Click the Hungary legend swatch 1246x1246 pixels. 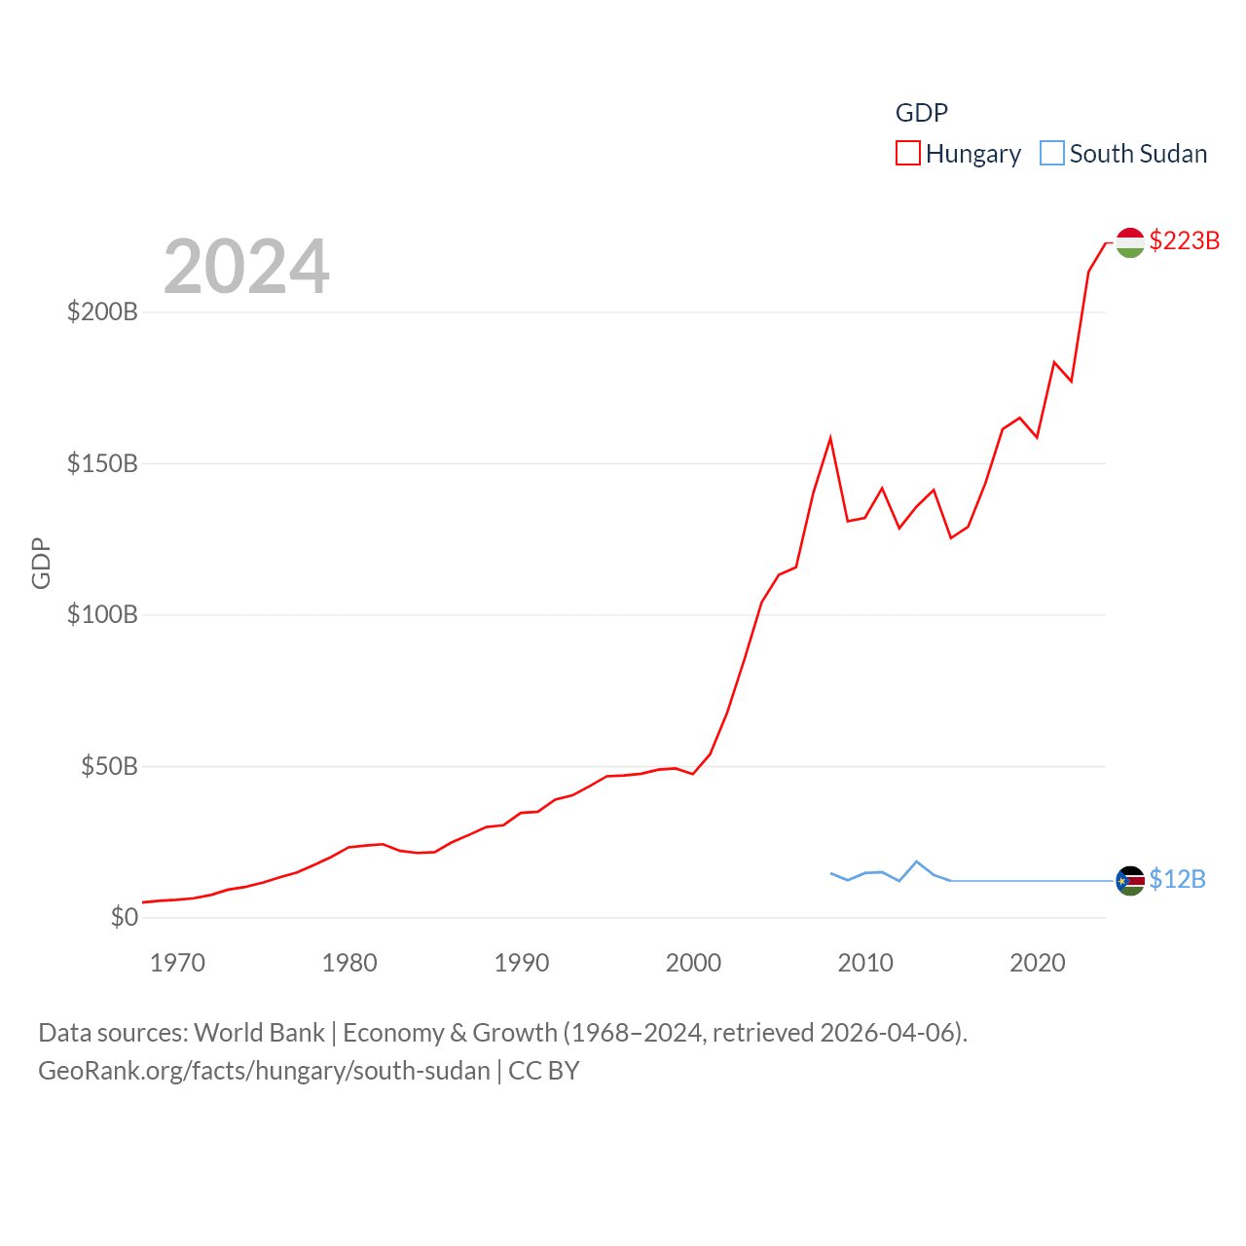[x=907, y=154]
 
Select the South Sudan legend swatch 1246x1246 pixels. [x=1052, y=154]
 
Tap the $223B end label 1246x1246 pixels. [x=1184, y=240]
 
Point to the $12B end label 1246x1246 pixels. [x=1177, y=879]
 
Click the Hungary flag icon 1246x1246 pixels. [x=1130, y=242]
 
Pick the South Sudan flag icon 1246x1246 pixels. [x=1130, y=881]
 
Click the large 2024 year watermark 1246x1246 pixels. [x=246, y=267]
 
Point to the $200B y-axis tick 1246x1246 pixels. [x=102, y=311]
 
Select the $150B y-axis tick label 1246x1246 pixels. [x=102, y=463]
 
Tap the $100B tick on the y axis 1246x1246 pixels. [x=102, y=614]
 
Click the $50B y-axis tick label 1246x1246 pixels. [x=109, y=766]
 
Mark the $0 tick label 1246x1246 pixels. [x=124, y=917]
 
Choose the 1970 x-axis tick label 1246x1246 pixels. [x=177, y=963]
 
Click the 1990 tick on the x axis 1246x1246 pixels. [x=522, y=963]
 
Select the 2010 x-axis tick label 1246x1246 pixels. [x=865, y=963]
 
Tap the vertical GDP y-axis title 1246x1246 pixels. [x=41, y=563]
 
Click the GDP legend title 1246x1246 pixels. [x=921, y=113]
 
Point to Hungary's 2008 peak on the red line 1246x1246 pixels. [x=830, y=438]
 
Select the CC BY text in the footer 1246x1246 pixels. [x=544, y=1071]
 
